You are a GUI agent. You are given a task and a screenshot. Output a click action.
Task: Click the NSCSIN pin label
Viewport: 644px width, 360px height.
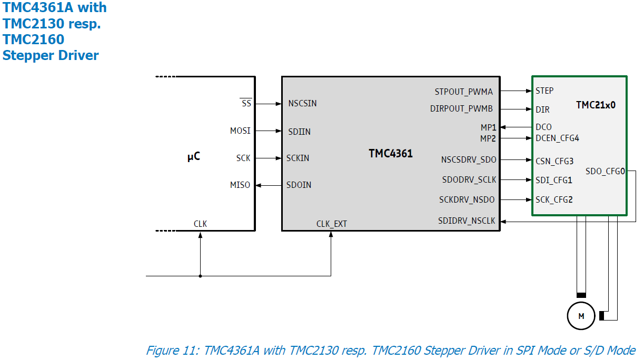(x=303, y=104)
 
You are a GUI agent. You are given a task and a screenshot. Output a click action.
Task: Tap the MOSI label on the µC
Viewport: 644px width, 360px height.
(x=240, y=131)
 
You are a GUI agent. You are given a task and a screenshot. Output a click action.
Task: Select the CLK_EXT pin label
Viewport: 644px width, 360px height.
(x=331, y=224)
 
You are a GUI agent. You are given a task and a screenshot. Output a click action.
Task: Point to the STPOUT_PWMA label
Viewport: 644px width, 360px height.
(x=463, y=92)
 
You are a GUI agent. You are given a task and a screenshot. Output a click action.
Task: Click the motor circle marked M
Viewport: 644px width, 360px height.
(x=581, y=316)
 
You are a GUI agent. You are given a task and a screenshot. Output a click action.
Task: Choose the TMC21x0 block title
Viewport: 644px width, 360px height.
(x=596, y=105)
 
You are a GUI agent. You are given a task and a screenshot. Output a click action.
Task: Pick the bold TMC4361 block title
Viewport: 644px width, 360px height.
(x=391, y=154)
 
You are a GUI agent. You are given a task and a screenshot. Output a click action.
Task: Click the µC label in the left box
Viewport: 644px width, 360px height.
(x=194, y=156)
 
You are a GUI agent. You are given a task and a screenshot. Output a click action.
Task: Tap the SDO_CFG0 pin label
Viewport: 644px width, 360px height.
(x=605, y=171)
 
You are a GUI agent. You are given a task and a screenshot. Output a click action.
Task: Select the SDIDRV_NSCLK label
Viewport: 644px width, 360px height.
(x=467, y=221)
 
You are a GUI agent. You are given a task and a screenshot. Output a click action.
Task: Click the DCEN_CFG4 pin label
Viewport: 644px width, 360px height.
(x=557, y=138)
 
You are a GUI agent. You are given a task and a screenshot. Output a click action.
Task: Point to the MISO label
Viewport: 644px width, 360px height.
(x=240, y=185)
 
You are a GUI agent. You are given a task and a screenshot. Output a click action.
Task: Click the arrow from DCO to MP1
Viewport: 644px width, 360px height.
(x=516, y=127)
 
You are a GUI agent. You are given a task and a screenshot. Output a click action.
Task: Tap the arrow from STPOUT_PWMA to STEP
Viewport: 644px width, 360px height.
(x=516, y=91)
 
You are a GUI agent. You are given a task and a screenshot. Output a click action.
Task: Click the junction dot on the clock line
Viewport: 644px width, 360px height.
(x=200, y=275)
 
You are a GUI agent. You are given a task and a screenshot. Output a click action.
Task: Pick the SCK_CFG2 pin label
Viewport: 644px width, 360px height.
(x=554, y=199)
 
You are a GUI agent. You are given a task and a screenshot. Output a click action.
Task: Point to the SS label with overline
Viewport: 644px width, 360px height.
(x=246, y=104)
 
